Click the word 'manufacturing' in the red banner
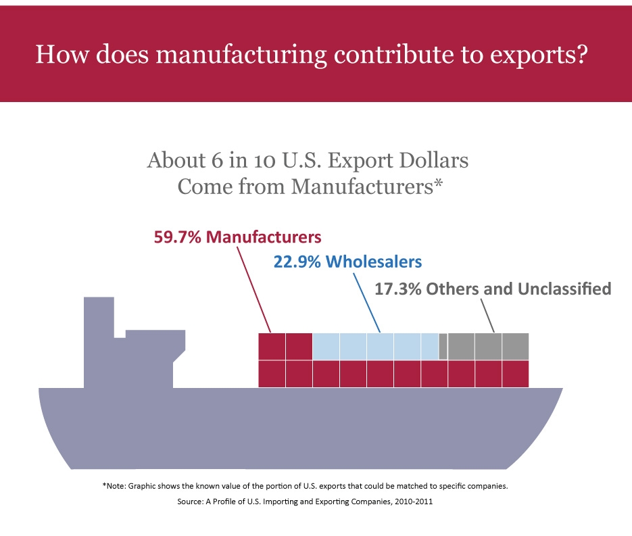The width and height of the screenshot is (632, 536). click(241, 55)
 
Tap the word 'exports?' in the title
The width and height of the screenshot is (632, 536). click(539, 55)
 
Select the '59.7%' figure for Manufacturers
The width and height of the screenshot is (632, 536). click(177, 237)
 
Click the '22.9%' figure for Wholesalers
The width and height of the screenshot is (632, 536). click(297, 262)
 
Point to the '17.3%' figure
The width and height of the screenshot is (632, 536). click(398, 289)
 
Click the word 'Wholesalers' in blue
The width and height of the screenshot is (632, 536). click(374, 262)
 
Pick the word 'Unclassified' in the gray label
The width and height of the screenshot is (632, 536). click(564, 289)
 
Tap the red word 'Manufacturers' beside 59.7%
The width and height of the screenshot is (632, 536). click(264, 237)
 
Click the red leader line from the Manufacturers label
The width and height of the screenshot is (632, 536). click(253, 289)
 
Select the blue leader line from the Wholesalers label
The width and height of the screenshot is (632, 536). click(367, 303)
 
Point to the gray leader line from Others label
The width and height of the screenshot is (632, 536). click(487, 316)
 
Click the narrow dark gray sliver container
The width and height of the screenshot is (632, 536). click(443, 346)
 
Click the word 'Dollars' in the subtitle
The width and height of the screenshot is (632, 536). click(434, 160)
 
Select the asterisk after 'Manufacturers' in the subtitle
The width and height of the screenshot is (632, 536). click(438, 184)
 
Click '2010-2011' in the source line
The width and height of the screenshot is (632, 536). click(414, 502)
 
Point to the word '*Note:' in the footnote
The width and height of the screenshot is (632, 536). click(114, 486)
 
